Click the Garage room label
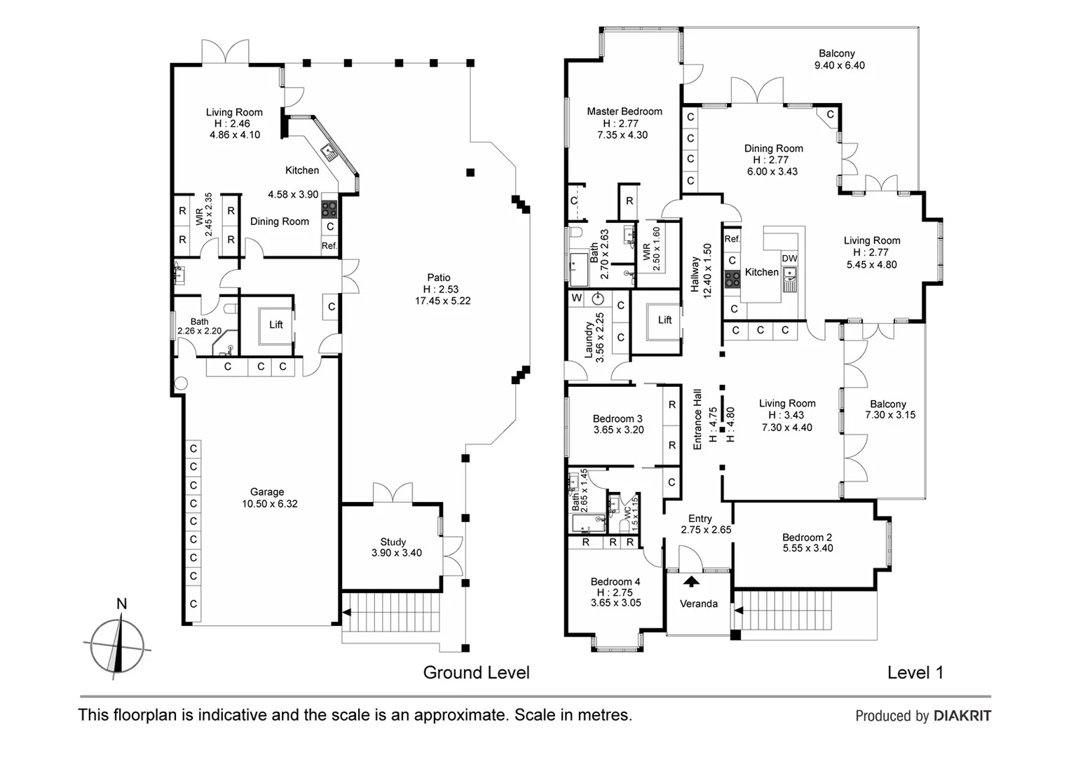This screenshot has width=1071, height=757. pos(267,491)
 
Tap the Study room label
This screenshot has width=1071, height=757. pos(393,542)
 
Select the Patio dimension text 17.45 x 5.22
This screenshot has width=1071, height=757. pos(443,301)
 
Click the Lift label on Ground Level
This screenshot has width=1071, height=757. pos(276,325)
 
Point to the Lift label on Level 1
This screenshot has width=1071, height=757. pos(664,320)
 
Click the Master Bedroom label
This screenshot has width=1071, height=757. pos(625,111)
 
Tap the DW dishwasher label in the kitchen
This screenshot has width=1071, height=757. pos(789,258)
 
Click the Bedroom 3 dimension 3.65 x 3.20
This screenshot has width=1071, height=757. pos(619,430)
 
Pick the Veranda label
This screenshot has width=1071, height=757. pos(699,603)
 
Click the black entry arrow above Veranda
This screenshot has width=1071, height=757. pos(691,582)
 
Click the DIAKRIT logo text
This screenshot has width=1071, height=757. pos(962,716)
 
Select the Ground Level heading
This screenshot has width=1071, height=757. pos(476,673)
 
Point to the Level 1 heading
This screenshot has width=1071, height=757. pos(915,673)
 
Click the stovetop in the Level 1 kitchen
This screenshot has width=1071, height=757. pos(732,279)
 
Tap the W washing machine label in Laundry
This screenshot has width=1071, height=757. pos(577,299)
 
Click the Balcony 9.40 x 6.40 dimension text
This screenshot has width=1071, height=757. pos(840,65)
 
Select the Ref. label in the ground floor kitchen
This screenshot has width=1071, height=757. pos(329,246)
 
